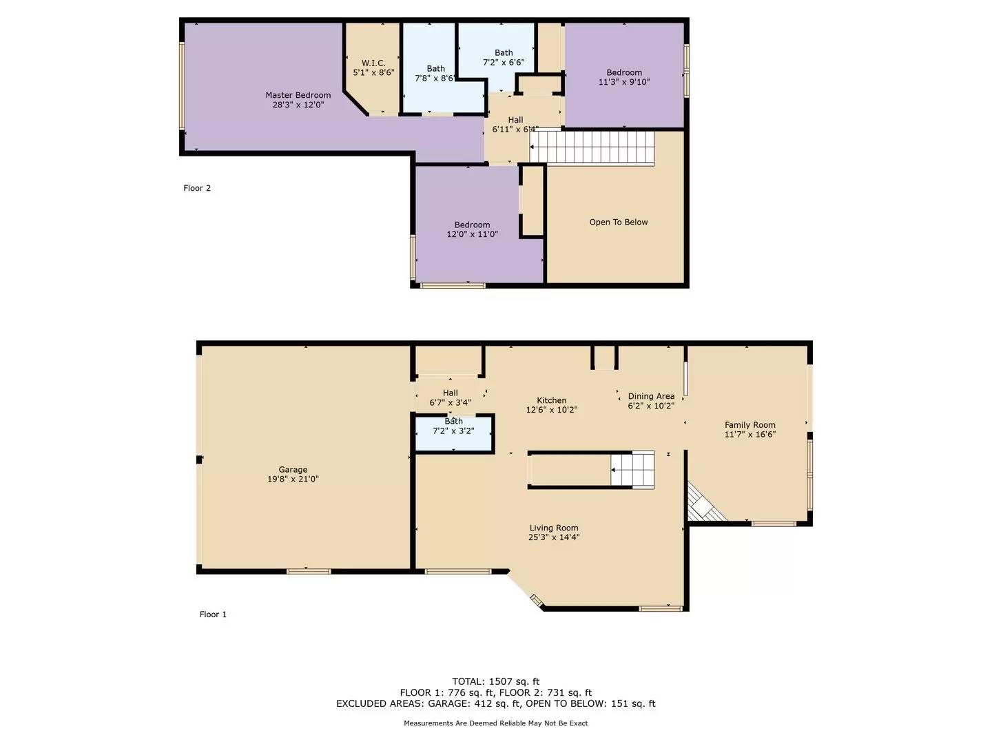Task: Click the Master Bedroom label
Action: click(x=298, y=95)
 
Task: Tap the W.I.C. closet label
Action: click(x=373, y=63)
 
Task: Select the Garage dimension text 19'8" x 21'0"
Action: click(x=293, y=479)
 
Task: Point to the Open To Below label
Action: click(x=618, y=222)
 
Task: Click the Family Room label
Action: click(x=750, y=425)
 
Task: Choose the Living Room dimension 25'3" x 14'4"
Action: click(x=554, y=537)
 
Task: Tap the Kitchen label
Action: click(x=551, y=400)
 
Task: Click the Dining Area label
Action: click(x=651, y=396)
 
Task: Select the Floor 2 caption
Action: click(x=197, y=188)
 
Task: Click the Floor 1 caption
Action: click(x=213, y=614)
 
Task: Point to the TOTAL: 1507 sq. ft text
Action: click(x=495, y=681)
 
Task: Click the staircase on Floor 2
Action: click(x=592, y=146)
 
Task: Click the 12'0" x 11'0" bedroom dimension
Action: click(x=472, y=234)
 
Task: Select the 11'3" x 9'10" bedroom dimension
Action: click(x=623, y=82)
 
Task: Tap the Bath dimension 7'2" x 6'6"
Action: click(x=504, y=62)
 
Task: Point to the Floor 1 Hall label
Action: click(x=451, y=393)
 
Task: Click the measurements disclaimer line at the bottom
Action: click(x=495, y=723)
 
